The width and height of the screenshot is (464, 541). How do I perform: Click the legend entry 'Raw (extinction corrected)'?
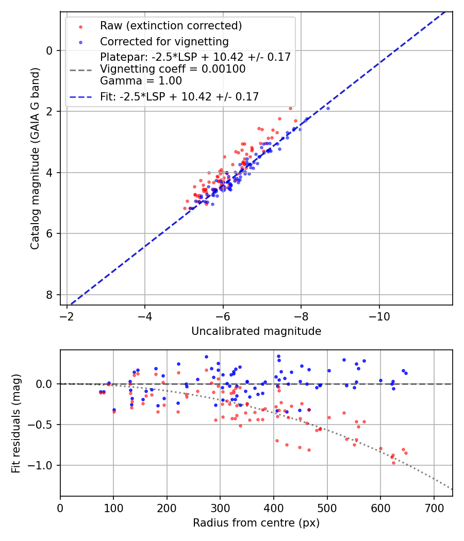[x=171, y=26]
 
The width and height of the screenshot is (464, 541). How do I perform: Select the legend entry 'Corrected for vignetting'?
[x=164, y=41]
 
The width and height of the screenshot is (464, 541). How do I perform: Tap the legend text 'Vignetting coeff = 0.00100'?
[x=173, y=69]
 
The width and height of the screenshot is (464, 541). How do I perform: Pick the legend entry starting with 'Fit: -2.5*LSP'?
[x=179, y=96]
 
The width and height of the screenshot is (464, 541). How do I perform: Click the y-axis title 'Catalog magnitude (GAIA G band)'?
[x=35, y=159]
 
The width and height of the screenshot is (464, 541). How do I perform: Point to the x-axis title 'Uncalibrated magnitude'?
[x=256, y=331]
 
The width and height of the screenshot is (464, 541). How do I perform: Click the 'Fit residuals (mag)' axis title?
[x=16, y=423]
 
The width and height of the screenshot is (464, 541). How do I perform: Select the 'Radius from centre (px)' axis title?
[x=256, y=523]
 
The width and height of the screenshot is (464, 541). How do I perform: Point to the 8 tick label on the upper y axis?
[x=49, y=295]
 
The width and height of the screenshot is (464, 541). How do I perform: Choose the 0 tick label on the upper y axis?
[x=49, y=50]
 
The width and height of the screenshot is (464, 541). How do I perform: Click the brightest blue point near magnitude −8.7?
[x=328, y=108]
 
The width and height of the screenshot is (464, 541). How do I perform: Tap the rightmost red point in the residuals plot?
[x=406, y=453]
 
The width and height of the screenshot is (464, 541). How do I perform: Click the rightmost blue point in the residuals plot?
[x=406, y=373]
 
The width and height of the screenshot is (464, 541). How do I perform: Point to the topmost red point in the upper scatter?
[x=290, y=108]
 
